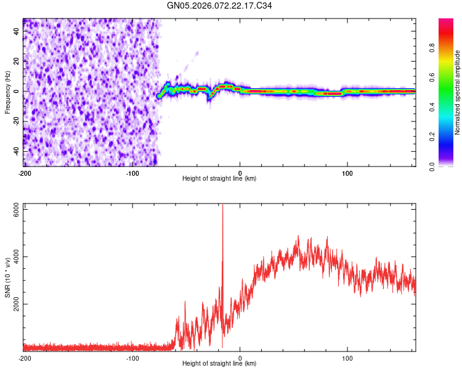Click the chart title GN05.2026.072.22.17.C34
[x=219, y=6]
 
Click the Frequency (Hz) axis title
[x=7, y=91]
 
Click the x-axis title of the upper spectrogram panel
[x=219, y=179]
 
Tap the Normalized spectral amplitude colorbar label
[x=458, y=92]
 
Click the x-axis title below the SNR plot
[x=219, y=364]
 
